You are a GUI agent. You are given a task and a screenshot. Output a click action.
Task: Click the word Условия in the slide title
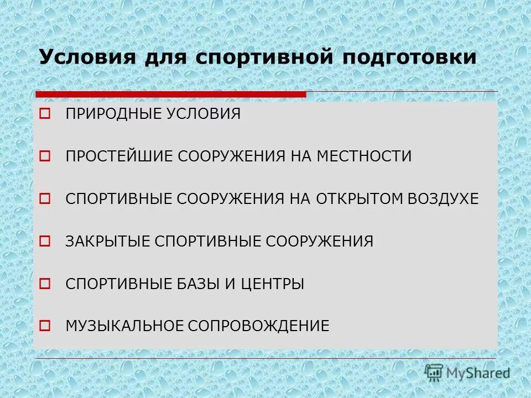pyautogui.click(x=85, y=57)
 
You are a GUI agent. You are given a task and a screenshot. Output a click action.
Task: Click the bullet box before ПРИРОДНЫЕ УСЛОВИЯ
pyautogui.click(x=45, y=114)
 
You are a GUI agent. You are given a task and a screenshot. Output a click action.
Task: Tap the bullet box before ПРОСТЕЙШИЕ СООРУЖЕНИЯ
pyautogui.click(x=45, y=157)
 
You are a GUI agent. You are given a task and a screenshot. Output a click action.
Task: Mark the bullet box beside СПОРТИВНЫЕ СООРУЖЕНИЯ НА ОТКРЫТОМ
pyautogui.click(x=45, y=199)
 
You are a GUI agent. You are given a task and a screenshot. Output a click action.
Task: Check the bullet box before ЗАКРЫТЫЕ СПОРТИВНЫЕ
pyautogui.click(x=45, y=242)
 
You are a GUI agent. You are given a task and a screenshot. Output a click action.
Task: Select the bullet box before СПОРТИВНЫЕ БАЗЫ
pyautogui.click(x=45, y=284)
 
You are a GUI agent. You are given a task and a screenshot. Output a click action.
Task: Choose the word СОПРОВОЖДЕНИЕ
pyautogui.click(x=258, y=326)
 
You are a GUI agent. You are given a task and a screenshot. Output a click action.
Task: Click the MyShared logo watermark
pyautogui.click(x=467, y=373)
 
